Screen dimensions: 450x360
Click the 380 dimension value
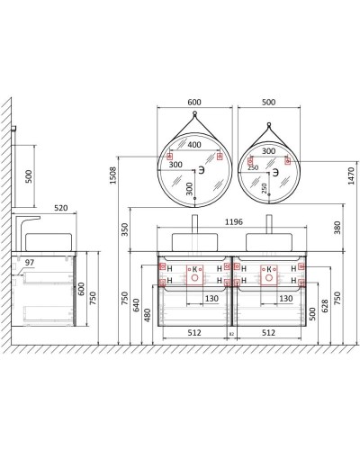337,229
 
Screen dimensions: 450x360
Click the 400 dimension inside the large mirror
193,145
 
